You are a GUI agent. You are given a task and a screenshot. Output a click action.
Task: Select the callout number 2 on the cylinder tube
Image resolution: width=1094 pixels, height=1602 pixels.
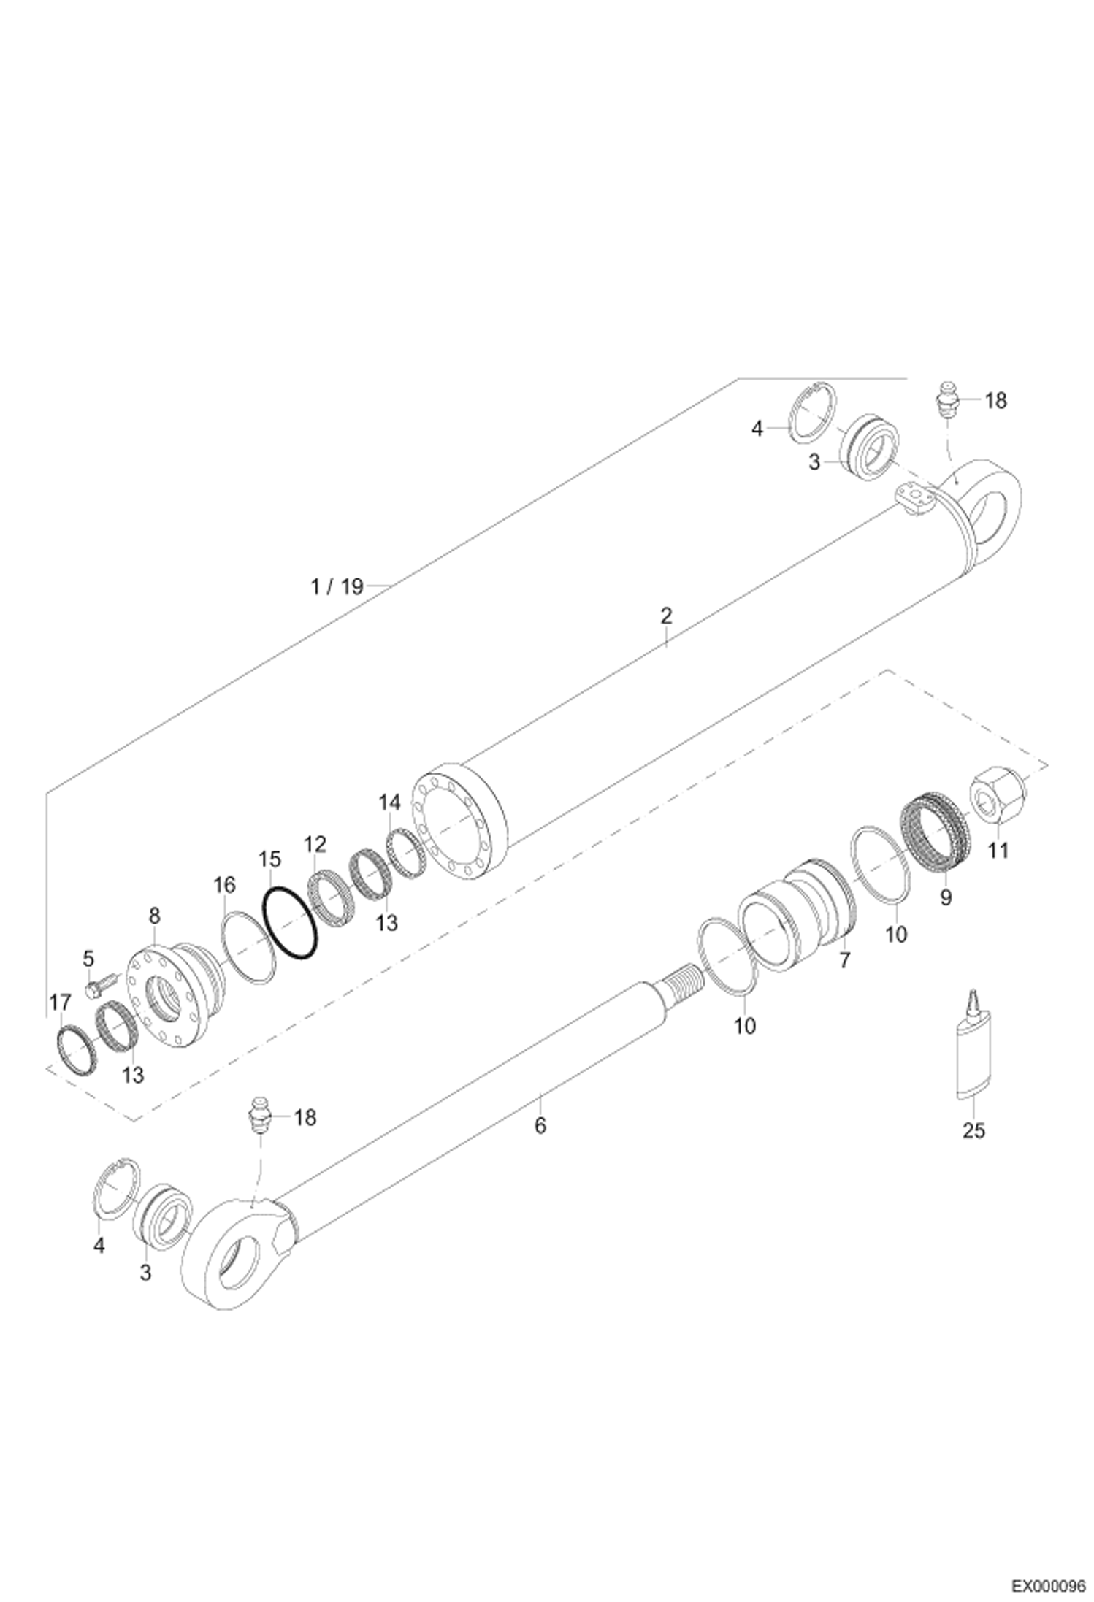[x=665, y=615]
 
